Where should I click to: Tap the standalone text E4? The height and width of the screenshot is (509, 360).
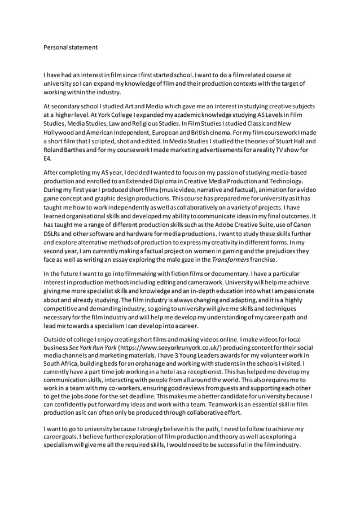47,159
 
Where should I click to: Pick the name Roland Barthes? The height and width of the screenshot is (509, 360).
63,150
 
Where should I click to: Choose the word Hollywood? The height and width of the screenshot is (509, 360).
60,132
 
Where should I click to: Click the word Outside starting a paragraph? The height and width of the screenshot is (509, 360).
56,336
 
